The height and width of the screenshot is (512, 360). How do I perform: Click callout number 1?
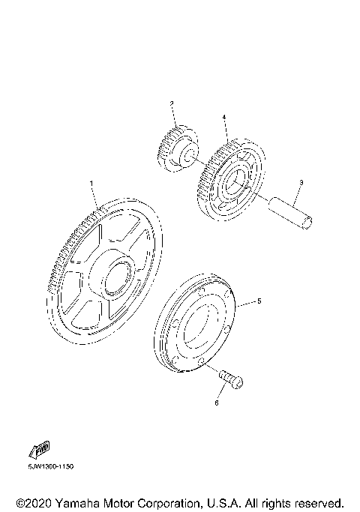click(x=91, y=184)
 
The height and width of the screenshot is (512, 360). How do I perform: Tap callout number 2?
click(x=172, y=103)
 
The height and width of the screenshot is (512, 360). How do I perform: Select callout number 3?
click(x=301, y=182)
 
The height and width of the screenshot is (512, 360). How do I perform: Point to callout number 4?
click(x=224, y=117)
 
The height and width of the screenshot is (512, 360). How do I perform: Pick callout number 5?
click(x=259, y=301)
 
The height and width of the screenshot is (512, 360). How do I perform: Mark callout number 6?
click(x=217, y=403)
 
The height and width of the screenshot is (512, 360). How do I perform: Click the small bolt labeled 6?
click(x=231, y=379)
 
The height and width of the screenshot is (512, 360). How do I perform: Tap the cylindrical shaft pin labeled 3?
click(x=290, y=213)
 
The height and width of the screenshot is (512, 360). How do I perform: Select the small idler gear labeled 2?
click(x=178, y=148)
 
